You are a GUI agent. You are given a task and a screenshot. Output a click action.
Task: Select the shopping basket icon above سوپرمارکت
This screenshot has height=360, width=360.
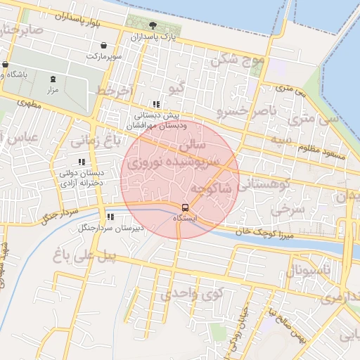click(103, 45)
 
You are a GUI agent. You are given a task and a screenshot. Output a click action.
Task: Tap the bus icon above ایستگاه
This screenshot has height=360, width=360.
click(185, 208)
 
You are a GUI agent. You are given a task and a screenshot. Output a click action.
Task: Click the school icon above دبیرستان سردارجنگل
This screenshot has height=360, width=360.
click(110, 217)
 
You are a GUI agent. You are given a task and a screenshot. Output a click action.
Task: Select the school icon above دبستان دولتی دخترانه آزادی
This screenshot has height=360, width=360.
click(82, 161)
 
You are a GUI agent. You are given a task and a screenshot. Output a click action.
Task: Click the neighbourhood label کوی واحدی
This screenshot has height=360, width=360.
click(185, 295)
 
